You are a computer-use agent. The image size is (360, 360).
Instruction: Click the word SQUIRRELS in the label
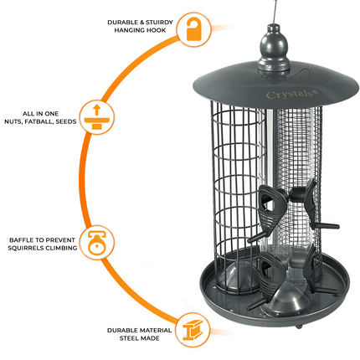pos(29,248)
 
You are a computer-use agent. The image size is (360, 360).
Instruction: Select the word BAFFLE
pos(21,238)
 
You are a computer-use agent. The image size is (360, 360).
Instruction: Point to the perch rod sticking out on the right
pos(328,226)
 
